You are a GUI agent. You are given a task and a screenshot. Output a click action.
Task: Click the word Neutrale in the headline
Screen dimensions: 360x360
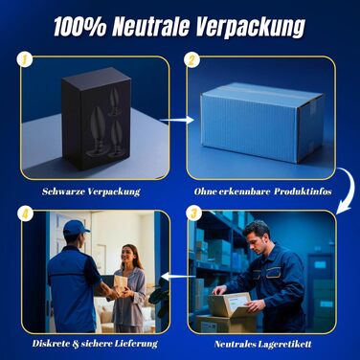coord(150,26)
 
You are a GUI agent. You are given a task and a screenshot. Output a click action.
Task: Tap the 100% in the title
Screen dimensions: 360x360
coord(79,26)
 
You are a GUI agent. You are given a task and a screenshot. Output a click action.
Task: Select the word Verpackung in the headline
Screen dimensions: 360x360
coord(250,27)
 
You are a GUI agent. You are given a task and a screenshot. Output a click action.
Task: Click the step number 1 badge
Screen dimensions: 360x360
coord(25,59)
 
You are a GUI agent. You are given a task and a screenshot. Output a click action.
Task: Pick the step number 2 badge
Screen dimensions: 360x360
coord(191,59)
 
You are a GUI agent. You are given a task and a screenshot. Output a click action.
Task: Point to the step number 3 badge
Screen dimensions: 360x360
coord(193,214)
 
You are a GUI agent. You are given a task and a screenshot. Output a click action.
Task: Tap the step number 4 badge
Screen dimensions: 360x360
coord(26,214)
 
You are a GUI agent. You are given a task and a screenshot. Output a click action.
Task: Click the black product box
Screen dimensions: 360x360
coord(96,118)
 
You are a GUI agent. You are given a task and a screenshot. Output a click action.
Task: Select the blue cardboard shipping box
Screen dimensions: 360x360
coord(262,123)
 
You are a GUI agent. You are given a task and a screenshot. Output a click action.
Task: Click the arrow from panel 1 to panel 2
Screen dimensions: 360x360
coord(177,120)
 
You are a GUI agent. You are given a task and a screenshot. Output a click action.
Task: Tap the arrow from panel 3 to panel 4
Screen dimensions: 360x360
coord(178,276)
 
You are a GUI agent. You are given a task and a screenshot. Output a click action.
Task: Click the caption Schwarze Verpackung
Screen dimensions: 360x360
coord(91,191)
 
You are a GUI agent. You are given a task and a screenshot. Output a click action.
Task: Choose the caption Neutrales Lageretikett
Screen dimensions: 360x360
coord(263,344)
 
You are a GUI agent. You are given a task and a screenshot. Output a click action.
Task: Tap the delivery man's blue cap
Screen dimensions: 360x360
coord(76,228)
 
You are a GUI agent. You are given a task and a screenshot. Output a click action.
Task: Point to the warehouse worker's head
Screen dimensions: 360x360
coord(257,234)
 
